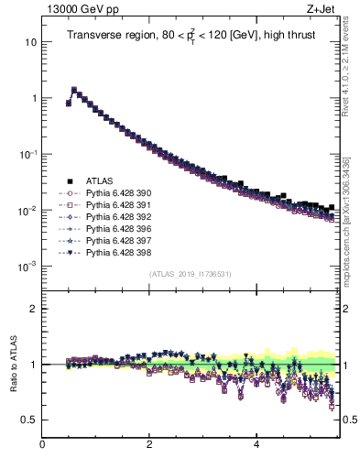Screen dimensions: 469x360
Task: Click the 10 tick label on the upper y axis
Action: pyautogui.click(x=29, y=42)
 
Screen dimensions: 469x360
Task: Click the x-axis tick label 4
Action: pyautogui.click(x=256, y=447)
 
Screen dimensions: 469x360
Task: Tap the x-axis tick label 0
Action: pyautogui.click(x=42, y=447)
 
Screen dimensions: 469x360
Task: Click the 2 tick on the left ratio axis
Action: pyautogui.click(x=33, y=309)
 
